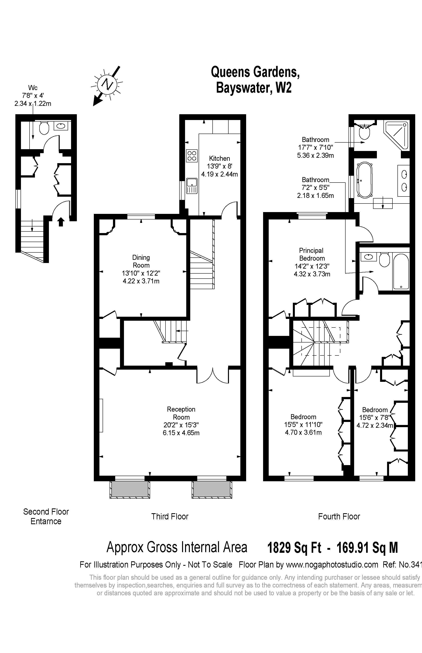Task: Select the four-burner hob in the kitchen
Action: pyautogui.click(x=192, y=155)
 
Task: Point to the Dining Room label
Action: pyautogui.click(x=141, y=261)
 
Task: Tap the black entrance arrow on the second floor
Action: pyautogui.click(x=61, y=221)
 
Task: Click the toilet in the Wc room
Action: pyautogui.click(x=44, y=128)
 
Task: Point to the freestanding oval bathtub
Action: pyautogui.click(x=365, y=180)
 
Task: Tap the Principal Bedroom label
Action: pyautogui.click(x=312, y=254)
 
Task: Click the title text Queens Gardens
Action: pyautogui.click(x=255, y=72)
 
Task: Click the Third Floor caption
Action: pyautogui.click(x=170, y=516)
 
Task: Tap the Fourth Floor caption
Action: pyautogui.click(x=339, y=516)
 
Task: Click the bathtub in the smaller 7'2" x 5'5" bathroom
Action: pyautogui.click(x=401, y=271)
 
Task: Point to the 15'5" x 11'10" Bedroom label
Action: pyautogui.click(x=303, y=417)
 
